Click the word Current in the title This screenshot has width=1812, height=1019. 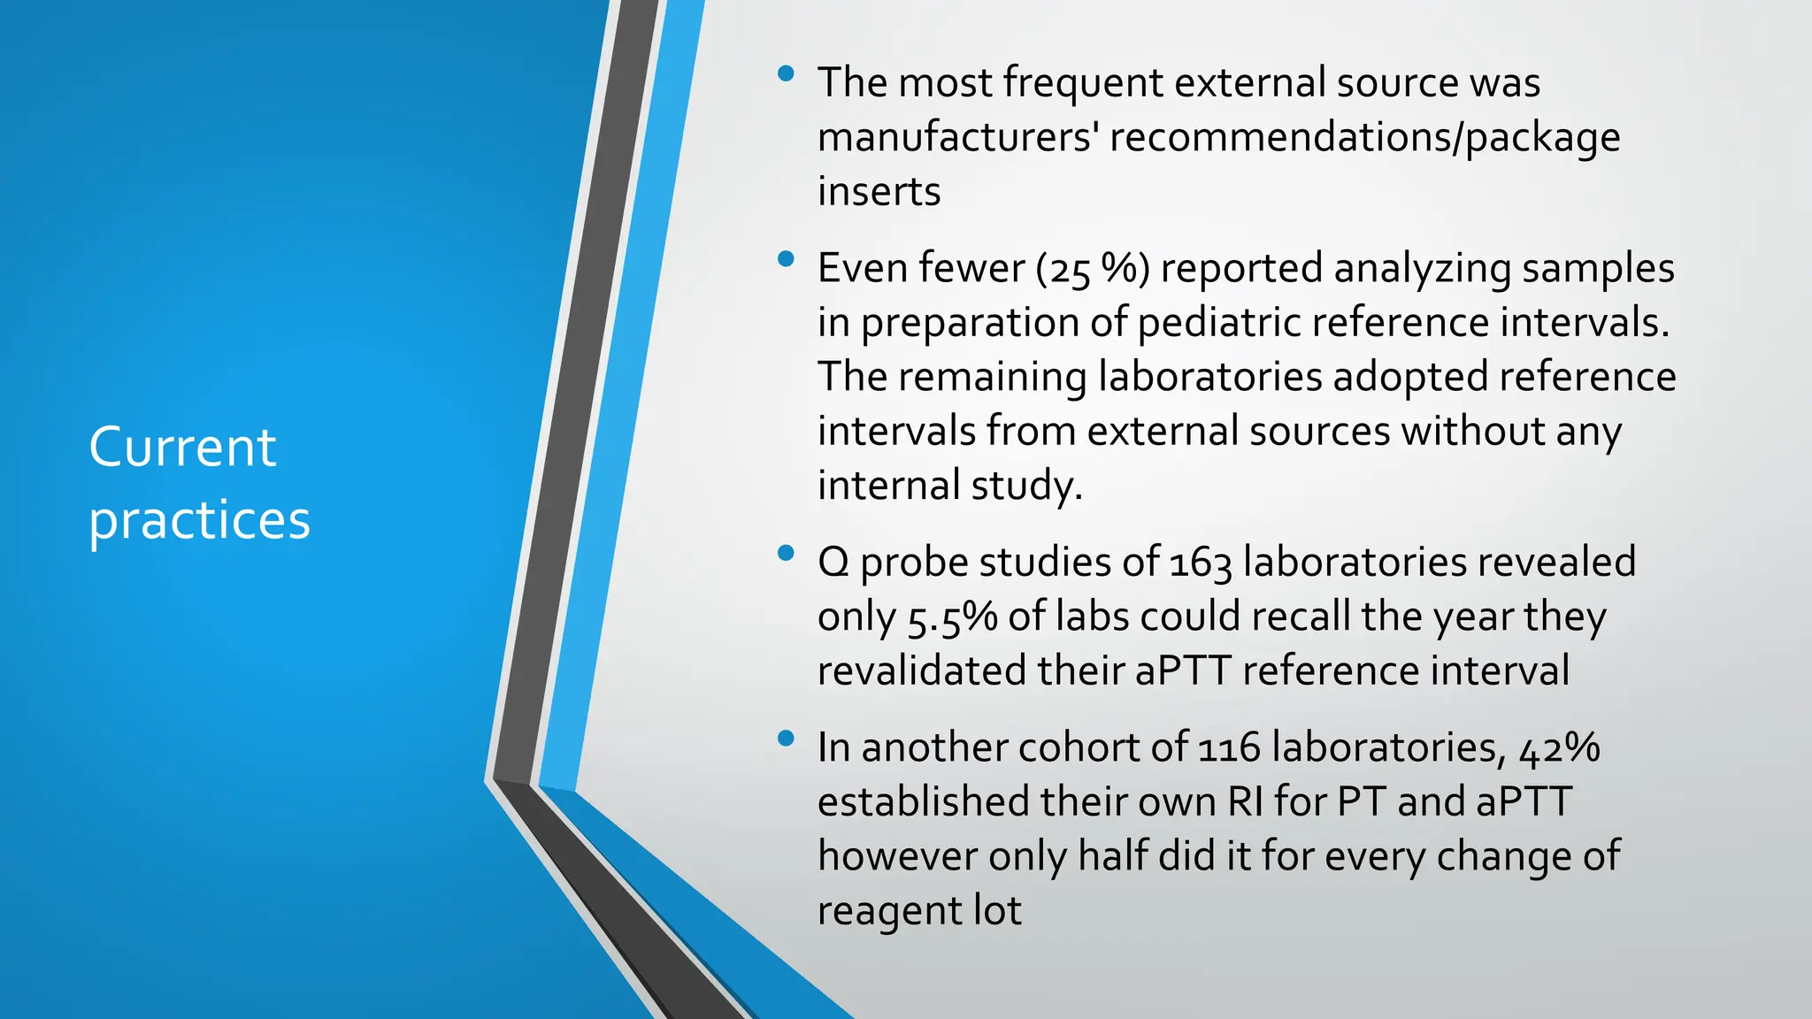182,448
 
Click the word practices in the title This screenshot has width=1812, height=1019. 199,520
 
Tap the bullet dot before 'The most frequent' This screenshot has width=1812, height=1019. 785,74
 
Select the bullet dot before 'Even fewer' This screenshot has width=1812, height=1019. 785,260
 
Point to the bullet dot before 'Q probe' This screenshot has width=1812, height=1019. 785,555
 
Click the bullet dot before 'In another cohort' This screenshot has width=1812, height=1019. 785,739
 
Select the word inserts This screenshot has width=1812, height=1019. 879,192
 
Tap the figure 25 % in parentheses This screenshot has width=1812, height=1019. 1094,269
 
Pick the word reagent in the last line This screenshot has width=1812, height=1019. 889,911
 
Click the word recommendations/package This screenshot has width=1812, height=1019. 1364,137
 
